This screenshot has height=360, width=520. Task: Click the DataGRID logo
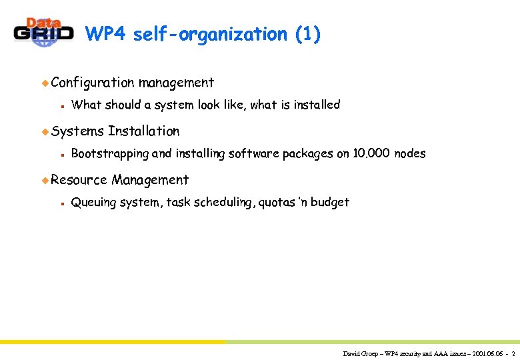[x=43, y=31]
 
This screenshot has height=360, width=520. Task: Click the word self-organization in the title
[x=210, y=35]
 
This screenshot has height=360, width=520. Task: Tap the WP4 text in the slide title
[x=107, y=35]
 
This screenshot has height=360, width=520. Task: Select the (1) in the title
[x=307, y=35]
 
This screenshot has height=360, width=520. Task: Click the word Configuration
[x=93, y=83]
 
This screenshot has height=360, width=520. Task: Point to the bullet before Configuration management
[x=45, y=83]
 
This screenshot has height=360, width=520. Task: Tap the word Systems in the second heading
[x=77, y=131]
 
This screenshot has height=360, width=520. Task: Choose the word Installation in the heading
[x=144, y=131]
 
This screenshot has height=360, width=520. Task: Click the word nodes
[x=410, y=154]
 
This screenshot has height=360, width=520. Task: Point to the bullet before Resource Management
[x=45, y=180]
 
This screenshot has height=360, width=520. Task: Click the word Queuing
[x=93, y=203]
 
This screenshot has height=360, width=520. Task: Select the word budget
[x=330, y=203]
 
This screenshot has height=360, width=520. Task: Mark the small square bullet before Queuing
[x=61, y=203]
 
